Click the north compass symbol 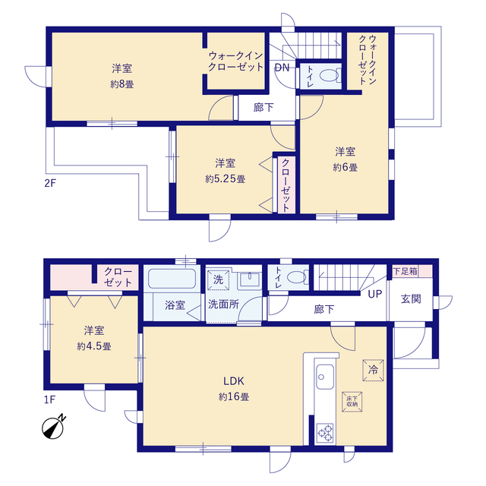pos(54,428)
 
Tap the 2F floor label pos(50,183)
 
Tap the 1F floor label pos(49,399)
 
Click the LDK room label pos(234,381)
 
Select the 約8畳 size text pos(121,84)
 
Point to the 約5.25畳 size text pos(226,179)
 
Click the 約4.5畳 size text pos(94,346)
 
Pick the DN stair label pos(282,68)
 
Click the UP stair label pos(374,294)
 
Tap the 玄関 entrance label pos(411,299)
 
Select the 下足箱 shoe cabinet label pos(405,271)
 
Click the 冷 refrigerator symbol pos(373,370)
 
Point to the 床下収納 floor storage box pos(352,402)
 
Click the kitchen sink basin pos(325,377)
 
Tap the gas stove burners pos(325,433)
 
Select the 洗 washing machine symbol pos(218,280)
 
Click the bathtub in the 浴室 pos(172,279)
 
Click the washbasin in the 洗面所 pos(250,280)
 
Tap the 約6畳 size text pos(346,168)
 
